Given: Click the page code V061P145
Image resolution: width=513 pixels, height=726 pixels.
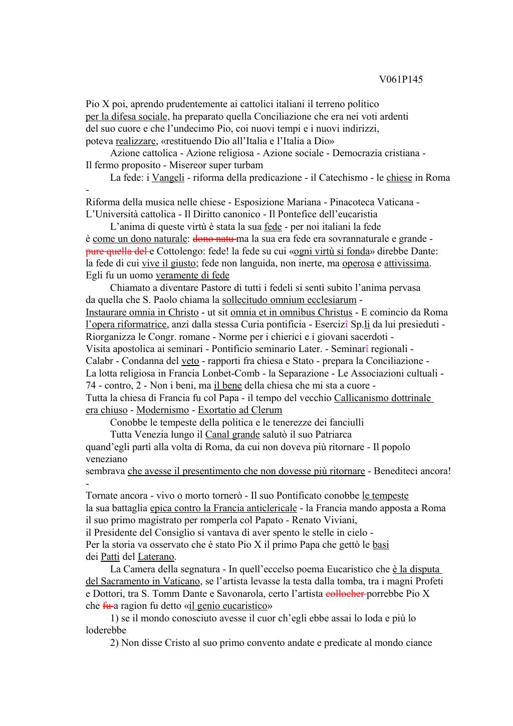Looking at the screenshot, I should click(401, 79).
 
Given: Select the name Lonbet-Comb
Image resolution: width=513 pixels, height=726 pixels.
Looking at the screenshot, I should click(230, 374).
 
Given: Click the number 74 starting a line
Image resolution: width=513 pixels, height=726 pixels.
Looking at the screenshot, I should click(91, 386).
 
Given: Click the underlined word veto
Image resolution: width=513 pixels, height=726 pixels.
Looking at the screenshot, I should click(190, 361).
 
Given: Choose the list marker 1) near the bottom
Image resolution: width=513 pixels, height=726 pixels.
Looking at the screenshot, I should click(114, 618).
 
